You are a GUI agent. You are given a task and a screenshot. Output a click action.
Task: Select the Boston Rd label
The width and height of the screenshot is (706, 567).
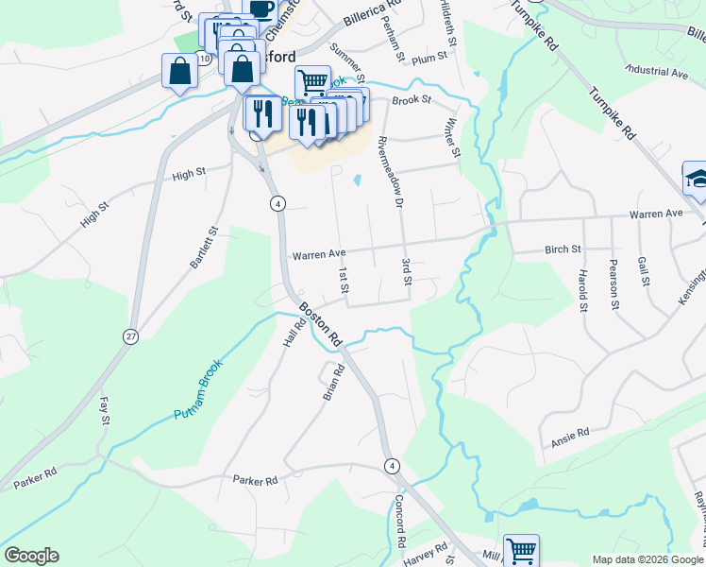click(321, 324)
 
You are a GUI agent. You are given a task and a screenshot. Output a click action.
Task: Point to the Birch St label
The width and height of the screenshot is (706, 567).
click(563, 249)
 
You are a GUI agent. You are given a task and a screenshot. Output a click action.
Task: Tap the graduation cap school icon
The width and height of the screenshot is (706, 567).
click(697, 180)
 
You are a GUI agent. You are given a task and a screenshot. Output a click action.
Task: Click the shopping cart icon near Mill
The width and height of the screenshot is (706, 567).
click(521, 550)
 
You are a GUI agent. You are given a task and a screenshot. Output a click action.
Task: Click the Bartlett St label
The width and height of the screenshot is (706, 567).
click(204, 248)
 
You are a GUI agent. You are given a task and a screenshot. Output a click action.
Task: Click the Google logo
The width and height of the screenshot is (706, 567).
click(31, 556)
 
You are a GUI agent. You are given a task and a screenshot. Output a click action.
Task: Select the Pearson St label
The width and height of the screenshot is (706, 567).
click(614, 283)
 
